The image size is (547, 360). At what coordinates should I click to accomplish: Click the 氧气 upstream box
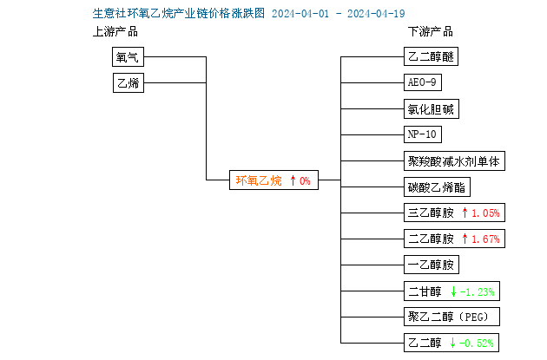click(x=128, y=56)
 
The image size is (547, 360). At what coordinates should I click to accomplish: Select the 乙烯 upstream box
click(x=129, y=82)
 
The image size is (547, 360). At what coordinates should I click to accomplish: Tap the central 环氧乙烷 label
click(x=259, y=180)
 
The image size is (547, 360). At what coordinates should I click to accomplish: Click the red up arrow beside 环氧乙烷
click(x=293, y=180)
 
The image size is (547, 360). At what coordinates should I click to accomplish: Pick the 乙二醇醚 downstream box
click(x=431, y=56)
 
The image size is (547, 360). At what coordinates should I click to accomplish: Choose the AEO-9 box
click(x=423, y=82)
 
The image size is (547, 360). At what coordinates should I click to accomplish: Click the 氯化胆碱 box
click(x=432, y=109)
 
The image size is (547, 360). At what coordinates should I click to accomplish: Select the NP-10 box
click(x=423, y=134)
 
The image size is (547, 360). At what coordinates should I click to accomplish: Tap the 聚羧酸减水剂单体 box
click(x=454, y=161)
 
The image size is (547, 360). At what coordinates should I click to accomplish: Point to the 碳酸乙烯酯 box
click(x=437, y=187)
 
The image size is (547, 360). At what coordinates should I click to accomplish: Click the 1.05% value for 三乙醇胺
click(x=485, y=213)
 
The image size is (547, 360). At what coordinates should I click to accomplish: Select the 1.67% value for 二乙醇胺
click(x=485, y=239)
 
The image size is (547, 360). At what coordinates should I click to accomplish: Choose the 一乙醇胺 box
click(x=432, y=265)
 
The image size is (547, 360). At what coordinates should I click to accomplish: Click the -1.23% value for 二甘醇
click(x=478, y=291)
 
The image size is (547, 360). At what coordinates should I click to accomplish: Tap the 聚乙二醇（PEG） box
click(x=451, y=317)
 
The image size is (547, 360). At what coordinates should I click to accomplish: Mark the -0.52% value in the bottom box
click(x=477, y=344)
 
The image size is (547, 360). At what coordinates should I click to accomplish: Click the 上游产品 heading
click(x=115, y=32)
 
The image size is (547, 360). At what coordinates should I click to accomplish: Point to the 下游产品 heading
click(x=431, y=32)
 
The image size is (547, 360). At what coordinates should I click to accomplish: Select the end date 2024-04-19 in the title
click(x=376, y=14)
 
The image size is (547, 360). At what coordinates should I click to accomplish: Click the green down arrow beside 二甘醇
click(x=453, y=291)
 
